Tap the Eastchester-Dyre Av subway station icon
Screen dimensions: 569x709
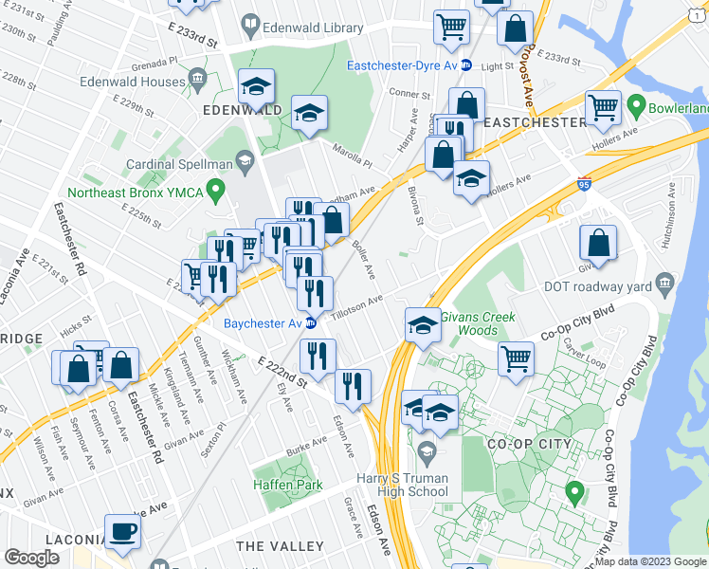coord(466,65)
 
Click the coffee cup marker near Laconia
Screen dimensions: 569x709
coord(122,531)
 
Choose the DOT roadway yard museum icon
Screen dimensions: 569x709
coord(665,282)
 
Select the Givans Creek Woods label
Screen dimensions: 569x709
coord(471,323)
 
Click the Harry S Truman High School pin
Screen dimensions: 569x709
coord(427,450)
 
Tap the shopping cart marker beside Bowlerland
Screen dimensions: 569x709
coord(604,108)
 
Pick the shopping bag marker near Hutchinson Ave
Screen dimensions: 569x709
coord(599,244)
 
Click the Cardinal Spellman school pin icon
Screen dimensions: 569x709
coord(245,164)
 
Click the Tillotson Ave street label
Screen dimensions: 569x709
coord(357,303)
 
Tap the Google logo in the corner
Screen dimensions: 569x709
coord(31,558)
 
